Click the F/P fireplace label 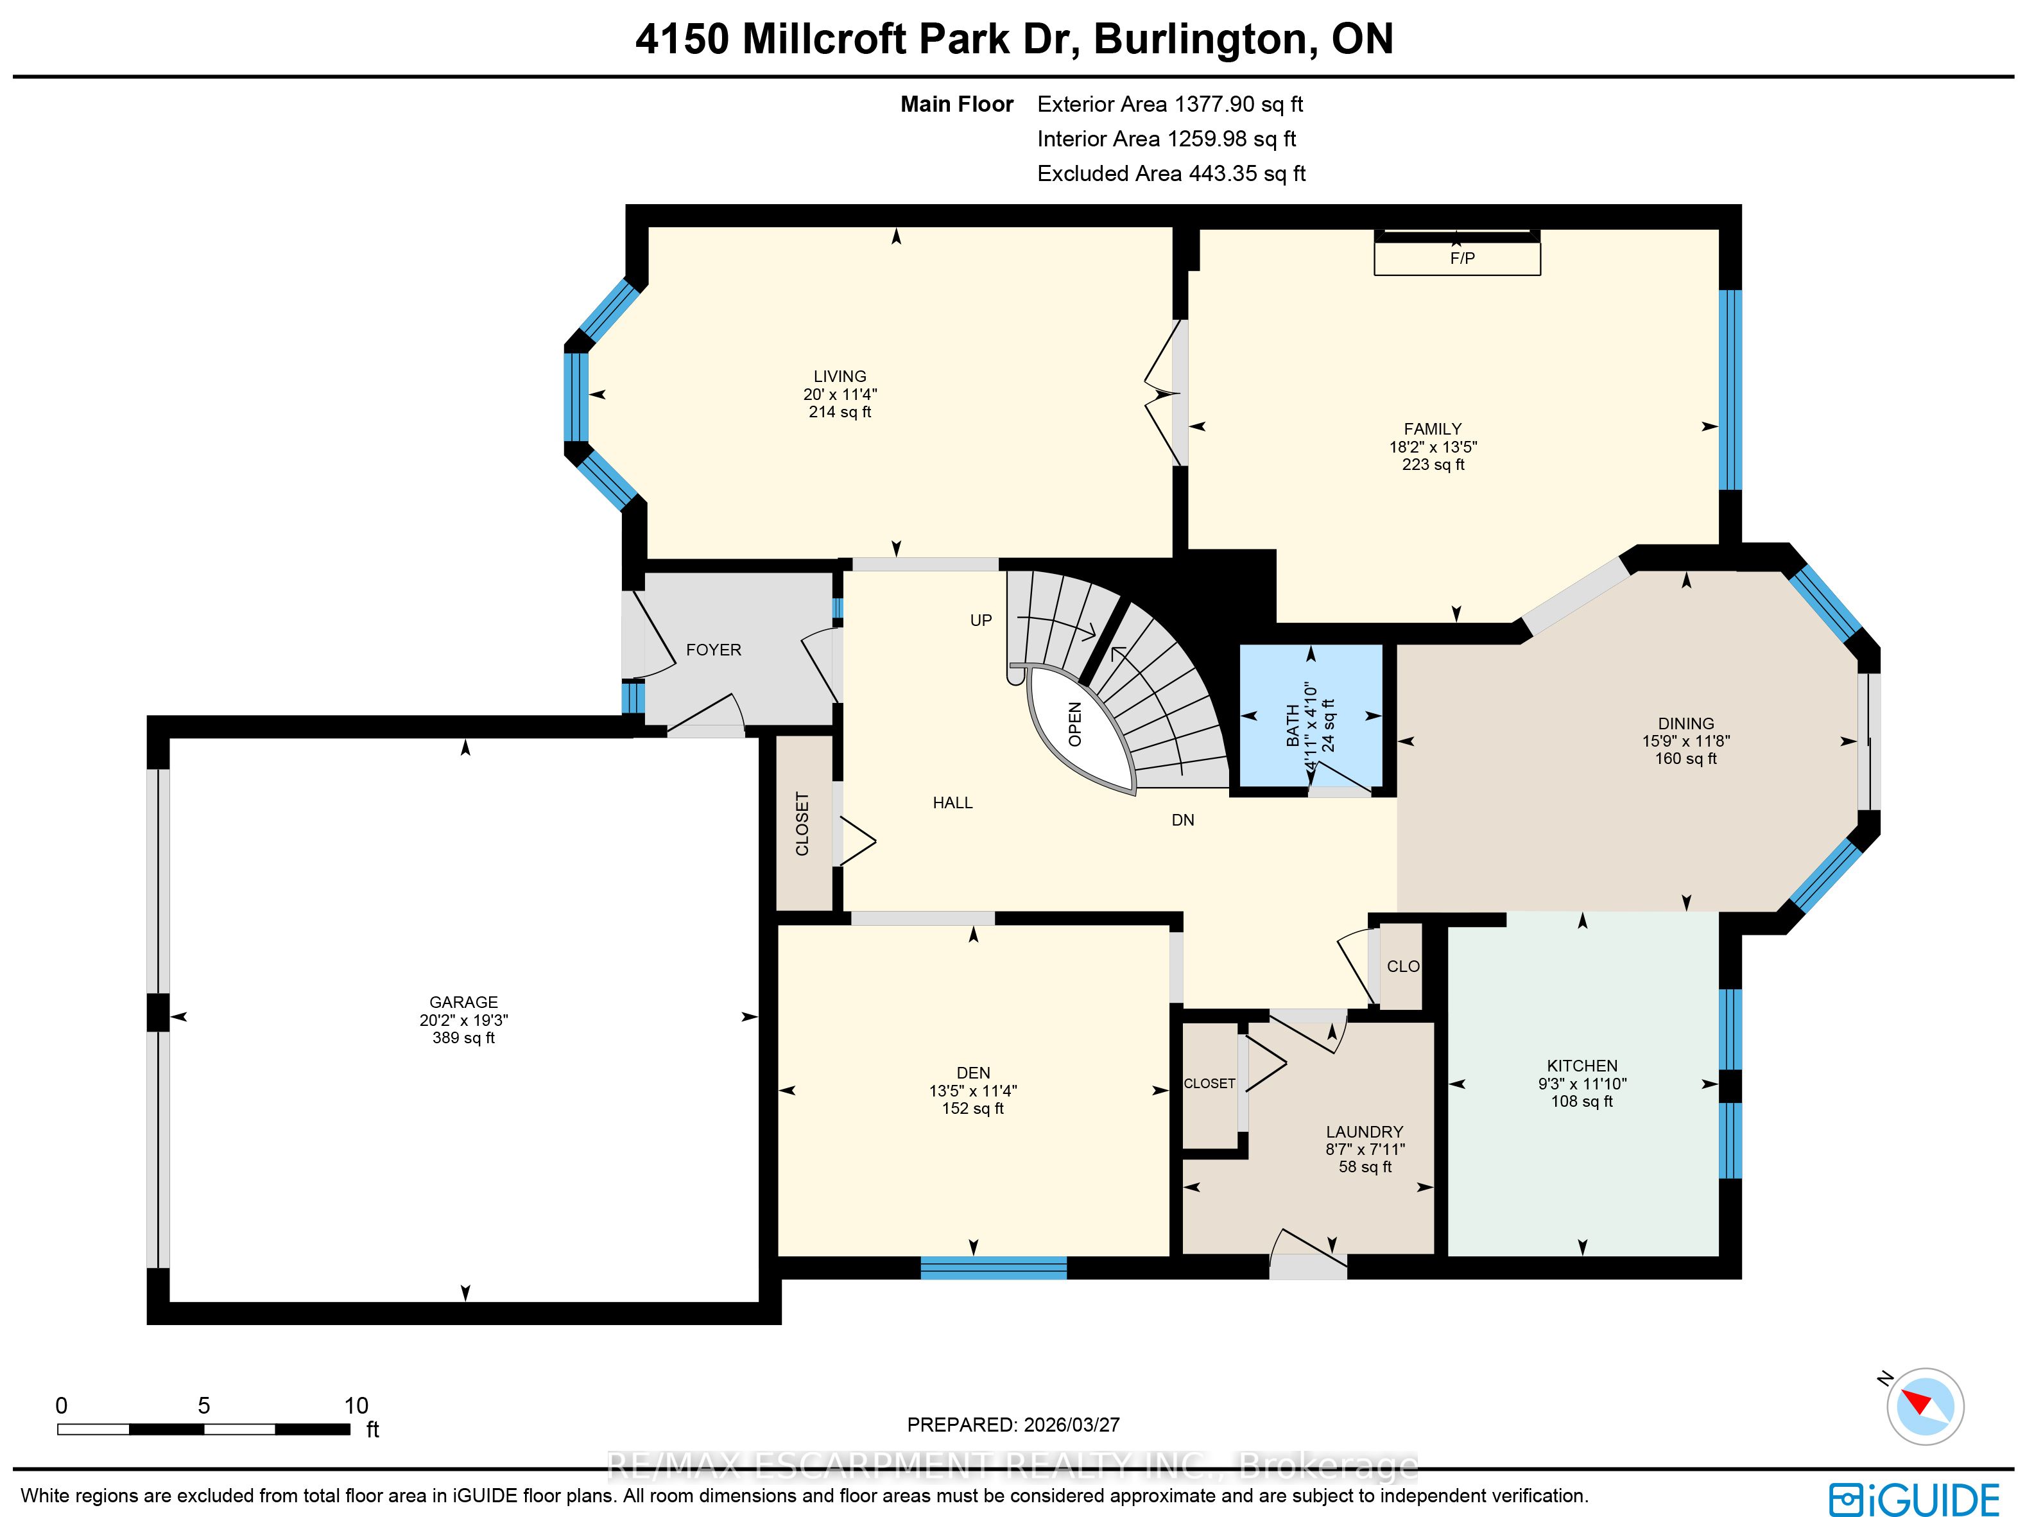(1462, 258)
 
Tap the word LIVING (840, 376)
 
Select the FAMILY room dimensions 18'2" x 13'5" (1433, 447)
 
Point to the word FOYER (713, 650)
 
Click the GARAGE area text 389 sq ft (463, 1037)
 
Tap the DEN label (973, 1073)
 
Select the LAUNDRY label (1364, 1132)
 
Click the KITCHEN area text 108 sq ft (1582, 1102)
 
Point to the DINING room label (1685, 724)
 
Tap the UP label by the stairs (981, 621)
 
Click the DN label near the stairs (1183, 820)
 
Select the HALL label (952, 803)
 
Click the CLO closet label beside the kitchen (1402, 967)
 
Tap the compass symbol (1924, 1406)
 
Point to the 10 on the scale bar (356, 1406)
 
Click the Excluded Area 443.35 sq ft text (1171, 174)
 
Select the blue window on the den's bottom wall (994, 1268)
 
